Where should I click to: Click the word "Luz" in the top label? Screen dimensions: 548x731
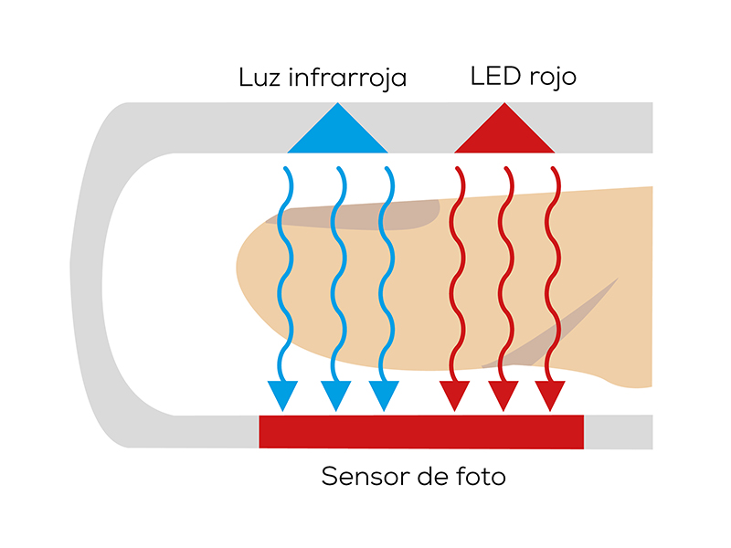click(260, 78)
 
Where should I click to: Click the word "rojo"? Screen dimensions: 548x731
click(551, 78)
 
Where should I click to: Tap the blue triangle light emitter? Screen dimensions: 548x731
click(337, 132)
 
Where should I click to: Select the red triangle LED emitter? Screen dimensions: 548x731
click(503, 132)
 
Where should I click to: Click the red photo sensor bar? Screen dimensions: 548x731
click(421, 432)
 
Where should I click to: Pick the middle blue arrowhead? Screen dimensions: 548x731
click(335, 395)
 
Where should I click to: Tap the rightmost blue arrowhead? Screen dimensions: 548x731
click(384, 395)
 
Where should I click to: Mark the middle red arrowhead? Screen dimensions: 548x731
click(503, 395)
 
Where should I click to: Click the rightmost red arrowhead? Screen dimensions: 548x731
click(550, 395)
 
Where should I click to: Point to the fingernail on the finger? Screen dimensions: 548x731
click(356, 213)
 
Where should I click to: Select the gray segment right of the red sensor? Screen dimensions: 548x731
click(618, 432)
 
